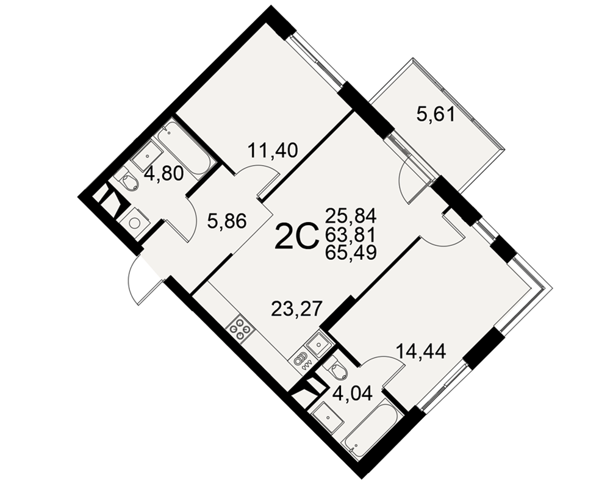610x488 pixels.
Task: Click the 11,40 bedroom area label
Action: coord(273,151)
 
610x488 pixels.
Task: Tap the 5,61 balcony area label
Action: coord(436,115)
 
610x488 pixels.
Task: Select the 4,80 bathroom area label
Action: coord(163,174)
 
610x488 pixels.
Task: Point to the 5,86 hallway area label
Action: coord(227,222)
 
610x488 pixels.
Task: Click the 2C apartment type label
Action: coord(297,237)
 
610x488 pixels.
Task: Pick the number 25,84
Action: coord(351,215)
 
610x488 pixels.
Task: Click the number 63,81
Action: coord(351,234)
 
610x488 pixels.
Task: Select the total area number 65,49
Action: coord(351,254)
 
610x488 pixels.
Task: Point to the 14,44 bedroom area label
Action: coord(421,352)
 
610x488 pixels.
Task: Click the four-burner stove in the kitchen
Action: coord(240,329)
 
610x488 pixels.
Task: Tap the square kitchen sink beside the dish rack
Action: coord(318,343)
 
